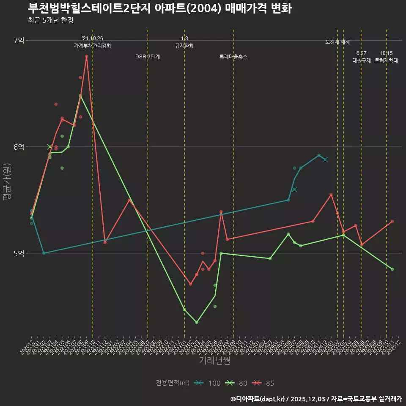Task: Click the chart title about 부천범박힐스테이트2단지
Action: (x=159, y=8)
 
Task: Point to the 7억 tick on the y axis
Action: (x=19, y=40)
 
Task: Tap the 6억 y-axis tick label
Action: (x=19, y=147)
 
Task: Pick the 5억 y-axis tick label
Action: (x=19, y=253)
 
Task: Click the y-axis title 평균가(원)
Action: (x=7, y=186)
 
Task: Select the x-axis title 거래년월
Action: (x=214, y=361)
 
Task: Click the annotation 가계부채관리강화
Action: (x=93, y=46)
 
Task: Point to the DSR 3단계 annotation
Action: (x=148, y=57)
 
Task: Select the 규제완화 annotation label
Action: (x=184, y=46)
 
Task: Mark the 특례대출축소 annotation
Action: (x=233, y=57)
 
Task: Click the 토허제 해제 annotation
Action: (x=337, y=42)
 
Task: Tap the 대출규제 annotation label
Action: (x=362, y=60)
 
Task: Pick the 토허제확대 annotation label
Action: (x=386, y=60)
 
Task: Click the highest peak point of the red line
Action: (x=86, y=56)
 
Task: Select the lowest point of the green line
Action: (x=197, y=322)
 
